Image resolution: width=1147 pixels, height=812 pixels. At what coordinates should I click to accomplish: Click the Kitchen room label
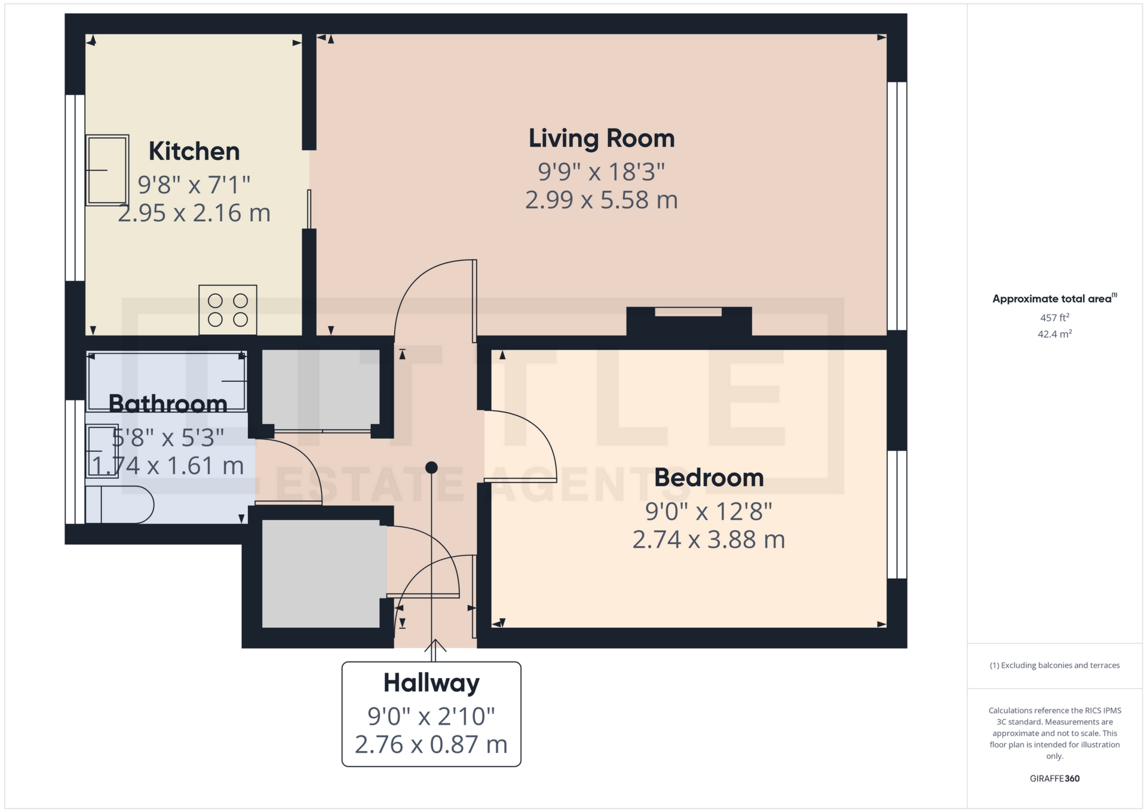(x=194, y=151)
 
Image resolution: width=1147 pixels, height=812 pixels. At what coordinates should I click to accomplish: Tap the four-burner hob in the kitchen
(x=228, y=310)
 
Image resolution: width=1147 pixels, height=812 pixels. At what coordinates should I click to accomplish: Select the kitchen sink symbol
(x=108, y=170)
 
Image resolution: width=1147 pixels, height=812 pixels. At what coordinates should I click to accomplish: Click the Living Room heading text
(x=602, y=139)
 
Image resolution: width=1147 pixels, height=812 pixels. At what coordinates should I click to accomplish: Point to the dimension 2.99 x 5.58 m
(x=602, y=200)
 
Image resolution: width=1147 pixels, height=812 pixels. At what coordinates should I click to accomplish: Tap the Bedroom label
(x=709, y=478)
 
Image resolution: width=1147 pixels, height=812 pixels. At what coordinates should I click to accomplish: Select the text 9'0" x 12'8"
(x=709, y=512)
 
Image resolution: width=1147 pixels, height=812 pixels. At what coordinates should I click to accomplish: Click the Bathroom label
(x=168, y=404)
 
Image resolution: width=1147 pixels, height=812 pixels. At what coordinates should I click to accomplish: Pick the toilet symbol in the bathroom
(x=119, y=505)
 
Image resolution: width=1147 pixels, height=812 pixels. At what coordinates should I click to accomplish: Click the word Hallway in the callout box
(x=431, y=683)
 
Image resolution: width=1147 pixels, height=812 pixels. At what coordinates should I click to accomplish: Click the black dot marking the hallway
(x=431, y=468)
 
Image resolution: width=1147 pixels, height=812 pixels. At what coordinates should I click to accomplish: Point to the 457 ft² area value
(x=1054, y=318)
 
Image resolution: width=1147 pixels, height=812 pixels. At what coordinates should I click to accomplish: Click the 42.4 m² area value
(x=1054, y=334)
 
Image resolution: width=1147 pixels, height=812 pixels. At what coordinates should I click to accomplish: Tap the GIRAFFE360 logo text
(x=1054, y=779)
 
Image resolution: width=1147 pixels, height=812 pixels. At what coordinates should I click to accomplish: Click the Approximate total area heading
(x=1053, y=299)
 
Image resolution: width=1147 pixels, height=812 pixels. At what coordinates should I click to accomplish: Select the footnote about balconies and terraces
(x=1054, y=666)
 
